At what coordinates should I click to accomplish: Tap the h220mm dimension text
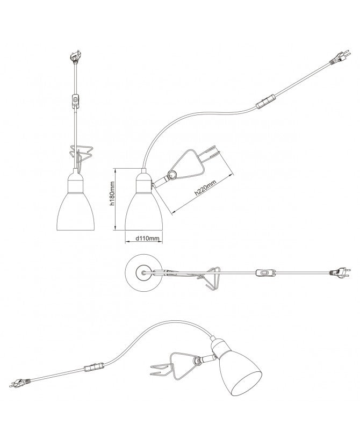pyautogui.click(x=206, y=188)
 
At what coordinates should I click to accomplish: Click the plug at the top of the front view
pyautogui.click(x=75, y=56)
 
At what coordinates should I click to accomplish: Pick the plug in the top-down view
pyautogui.click(x=340, y=272)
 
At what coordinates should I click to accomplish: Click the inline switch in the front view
pyautogui.click(x=75, y=101)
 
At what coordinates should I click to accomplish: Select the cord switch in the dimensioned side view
pyautogui.click(x=265, y=102)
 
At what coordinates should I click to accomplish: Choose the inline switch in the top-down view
pyautogui.click(x=265, y=272)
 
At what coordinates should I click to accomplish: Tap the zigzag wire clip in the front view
pyautogui.click(x=82, y=156)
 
